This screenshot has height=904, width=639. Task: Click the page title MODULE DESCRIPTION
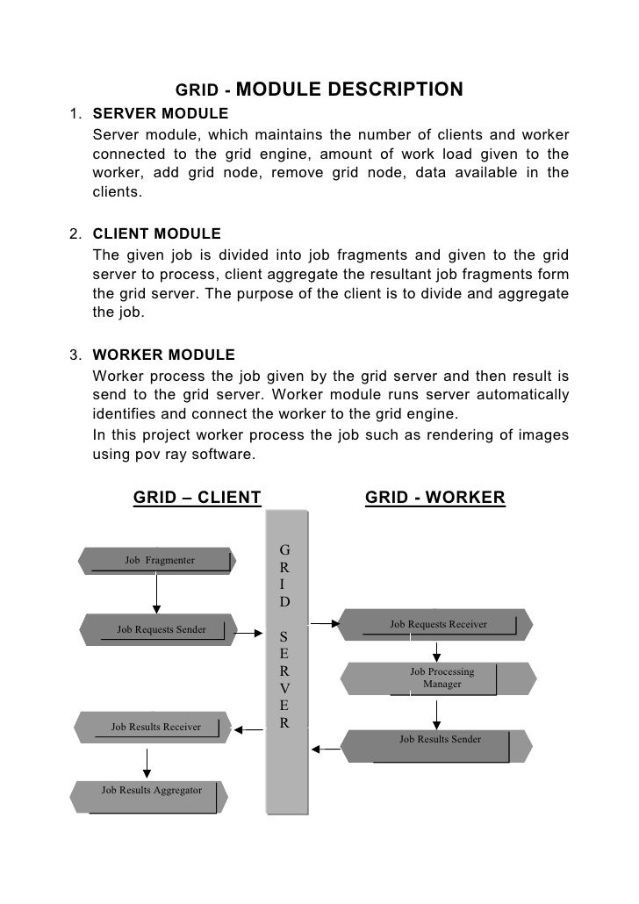coord(348,90)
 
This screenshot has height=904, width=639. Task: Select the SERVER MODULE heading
coord(160,114)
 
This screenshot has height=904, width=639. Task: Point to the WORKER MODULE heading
coord(163,355)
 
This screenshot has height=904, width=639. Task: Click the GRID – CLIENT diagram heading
coord(197,499)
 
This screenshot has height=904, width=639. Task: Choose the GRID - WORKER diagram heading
coord(434,499)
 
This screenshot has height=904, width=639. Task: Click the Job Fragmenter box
coord(158,560)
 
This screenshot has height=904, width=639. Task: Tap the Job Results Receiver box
coord(154,727)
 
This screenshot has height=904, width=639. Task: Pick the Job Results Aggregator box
coord(151,791)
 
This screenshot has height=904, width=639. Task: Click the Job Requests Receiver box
coord(438,625)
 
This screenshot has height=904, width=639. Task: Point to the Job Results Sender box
coord(440,740)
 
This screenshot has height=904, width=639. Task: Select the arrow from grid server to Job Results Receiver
coord(248,727)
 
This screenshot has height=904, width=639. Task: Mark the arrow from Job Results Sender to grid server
coord(326,750)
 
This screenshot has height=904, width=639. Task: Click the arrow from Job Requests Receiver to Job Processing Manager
coord(436,651)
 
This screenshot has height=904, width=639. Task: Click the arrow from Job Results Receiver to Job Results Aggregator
coord(147,760)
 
